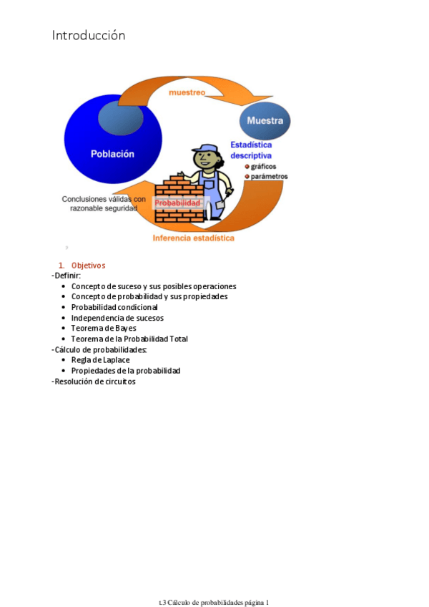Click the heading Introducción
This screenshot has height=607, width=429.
click(88, 35)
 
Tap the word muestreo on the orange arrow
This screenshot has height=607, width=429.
click(187, 93)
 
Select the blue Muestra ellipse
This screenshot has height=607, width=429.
click(265, 120)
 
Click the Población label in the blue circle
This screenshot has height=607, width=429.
click(112, 153)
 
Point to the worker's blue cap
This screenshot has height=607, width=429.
click(207, 149)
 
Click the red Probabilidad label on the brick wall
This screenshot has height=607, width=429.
click(177, 203)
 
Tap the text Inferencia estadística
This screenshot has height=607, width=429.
click(193, 238)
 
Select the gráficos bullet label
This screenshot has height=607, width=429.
click(265, 166)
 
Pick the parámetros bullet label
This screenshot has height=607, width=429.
click(269, 176)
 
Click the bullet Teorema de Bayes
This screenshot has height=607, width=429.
click(104, 328)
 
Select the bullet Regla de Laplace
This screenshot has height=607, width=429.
click(101, 360)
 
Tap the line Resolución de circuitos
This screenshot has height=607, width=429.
click(94, 382)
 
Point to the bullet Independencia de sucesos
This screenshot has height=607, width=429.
click(117, 318)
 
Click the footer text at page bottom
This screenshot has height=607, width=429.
click(214, 583)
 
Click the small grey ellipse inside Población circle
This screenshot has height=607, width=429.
click(114, 118)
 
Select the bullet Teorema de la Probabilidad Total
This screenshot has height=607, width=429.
click(129, 339)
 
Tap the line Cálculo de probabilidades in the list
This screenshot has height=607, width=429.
click(100, 349)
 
